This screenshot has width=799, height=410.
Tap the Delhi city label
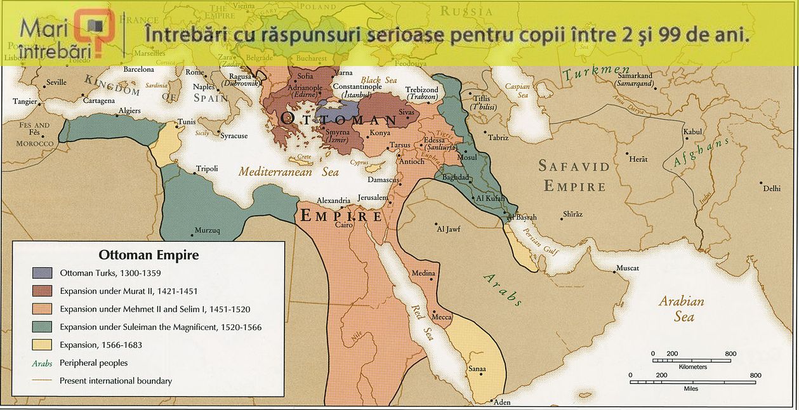[771, 188]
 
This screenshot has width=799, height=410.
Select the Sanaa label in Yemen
[477, 369]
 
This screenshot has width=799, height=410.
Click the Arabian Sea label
[681, 308]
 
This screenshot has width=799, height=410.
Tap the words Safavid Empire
[574, 176]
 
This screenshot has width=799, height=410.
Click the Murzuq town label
[207, 230]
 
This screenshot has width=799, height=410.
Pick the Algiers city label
[129, 110]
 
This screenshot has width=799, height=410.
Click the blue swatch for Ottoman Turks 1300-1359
[43, 274]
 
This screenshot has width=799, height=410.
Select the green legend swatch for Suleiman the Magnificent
[43, 327]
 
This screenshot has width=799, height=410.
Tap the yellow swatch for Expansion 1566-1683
[43, 345]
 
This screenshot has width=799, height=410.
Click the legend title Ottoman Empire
[149, 255]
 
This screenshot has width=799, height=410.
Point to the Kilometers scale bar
[692, 360]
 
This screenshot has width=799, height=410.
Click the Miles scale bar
[692, 381]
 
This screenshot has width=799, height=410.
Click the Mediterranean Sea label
[289, 171]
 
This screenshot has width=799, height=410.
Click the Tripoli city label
[207, 169]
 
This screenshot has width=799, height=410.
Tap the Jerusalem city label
[373, 197]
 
